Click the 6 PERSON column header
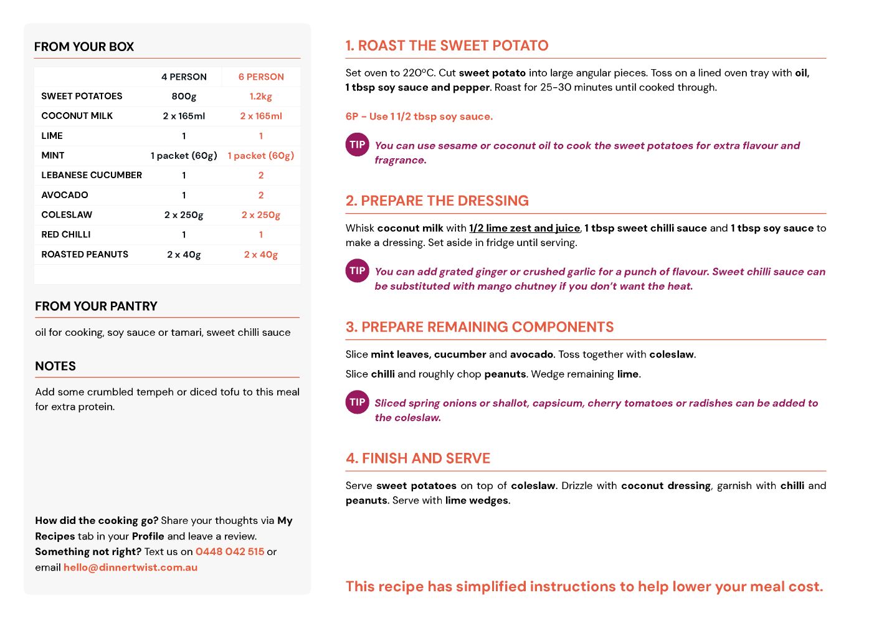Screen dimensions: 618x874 [x=261, y=77]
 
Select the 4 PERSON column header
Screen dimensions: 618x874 [x=184, y=77]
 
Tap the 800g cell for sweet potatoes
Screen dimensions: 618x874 [x=184, y=97]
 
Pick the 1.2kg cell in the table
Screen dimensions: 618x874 [x=261, y=97]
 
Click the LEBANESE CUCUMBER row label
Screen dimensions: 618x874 [x=92, y=175]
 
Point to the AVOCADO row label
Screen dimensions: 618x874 [x=65, y=195]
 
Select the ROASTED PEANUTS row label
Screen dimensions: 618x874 [x=85, y=254]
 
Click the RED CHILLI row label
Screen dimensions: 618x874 [x=66, y=234]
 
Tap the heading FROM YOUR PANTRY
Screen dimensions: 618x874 [x=96, y=306]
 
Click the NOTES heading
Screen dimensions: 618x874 [x=55, y=366]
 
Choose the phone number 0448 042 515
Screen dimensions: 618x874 [x=230, y=551]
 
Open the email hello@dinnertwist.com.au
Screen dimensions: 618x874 [x=130, y=568]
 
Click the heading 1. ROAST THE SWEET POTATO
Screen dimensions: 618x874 [x=447, y=45]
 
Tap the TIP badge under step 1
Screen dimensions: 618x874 [x=357, y=145]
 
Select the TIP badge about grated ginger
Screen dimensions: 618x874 [x=357, y=270]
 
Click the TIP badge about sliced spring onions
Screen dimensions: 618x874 [x=357, y=402]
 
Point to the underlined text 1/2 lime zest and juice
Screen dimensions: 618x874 [x=525, y=228]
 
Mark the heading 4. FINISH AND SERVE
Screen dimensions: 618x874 [x=418, y=459]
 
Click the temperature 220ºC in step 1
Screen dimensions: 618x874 [x=419, y=73]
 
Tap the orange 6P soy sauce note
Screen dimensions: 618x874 [x=419, y=116]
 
